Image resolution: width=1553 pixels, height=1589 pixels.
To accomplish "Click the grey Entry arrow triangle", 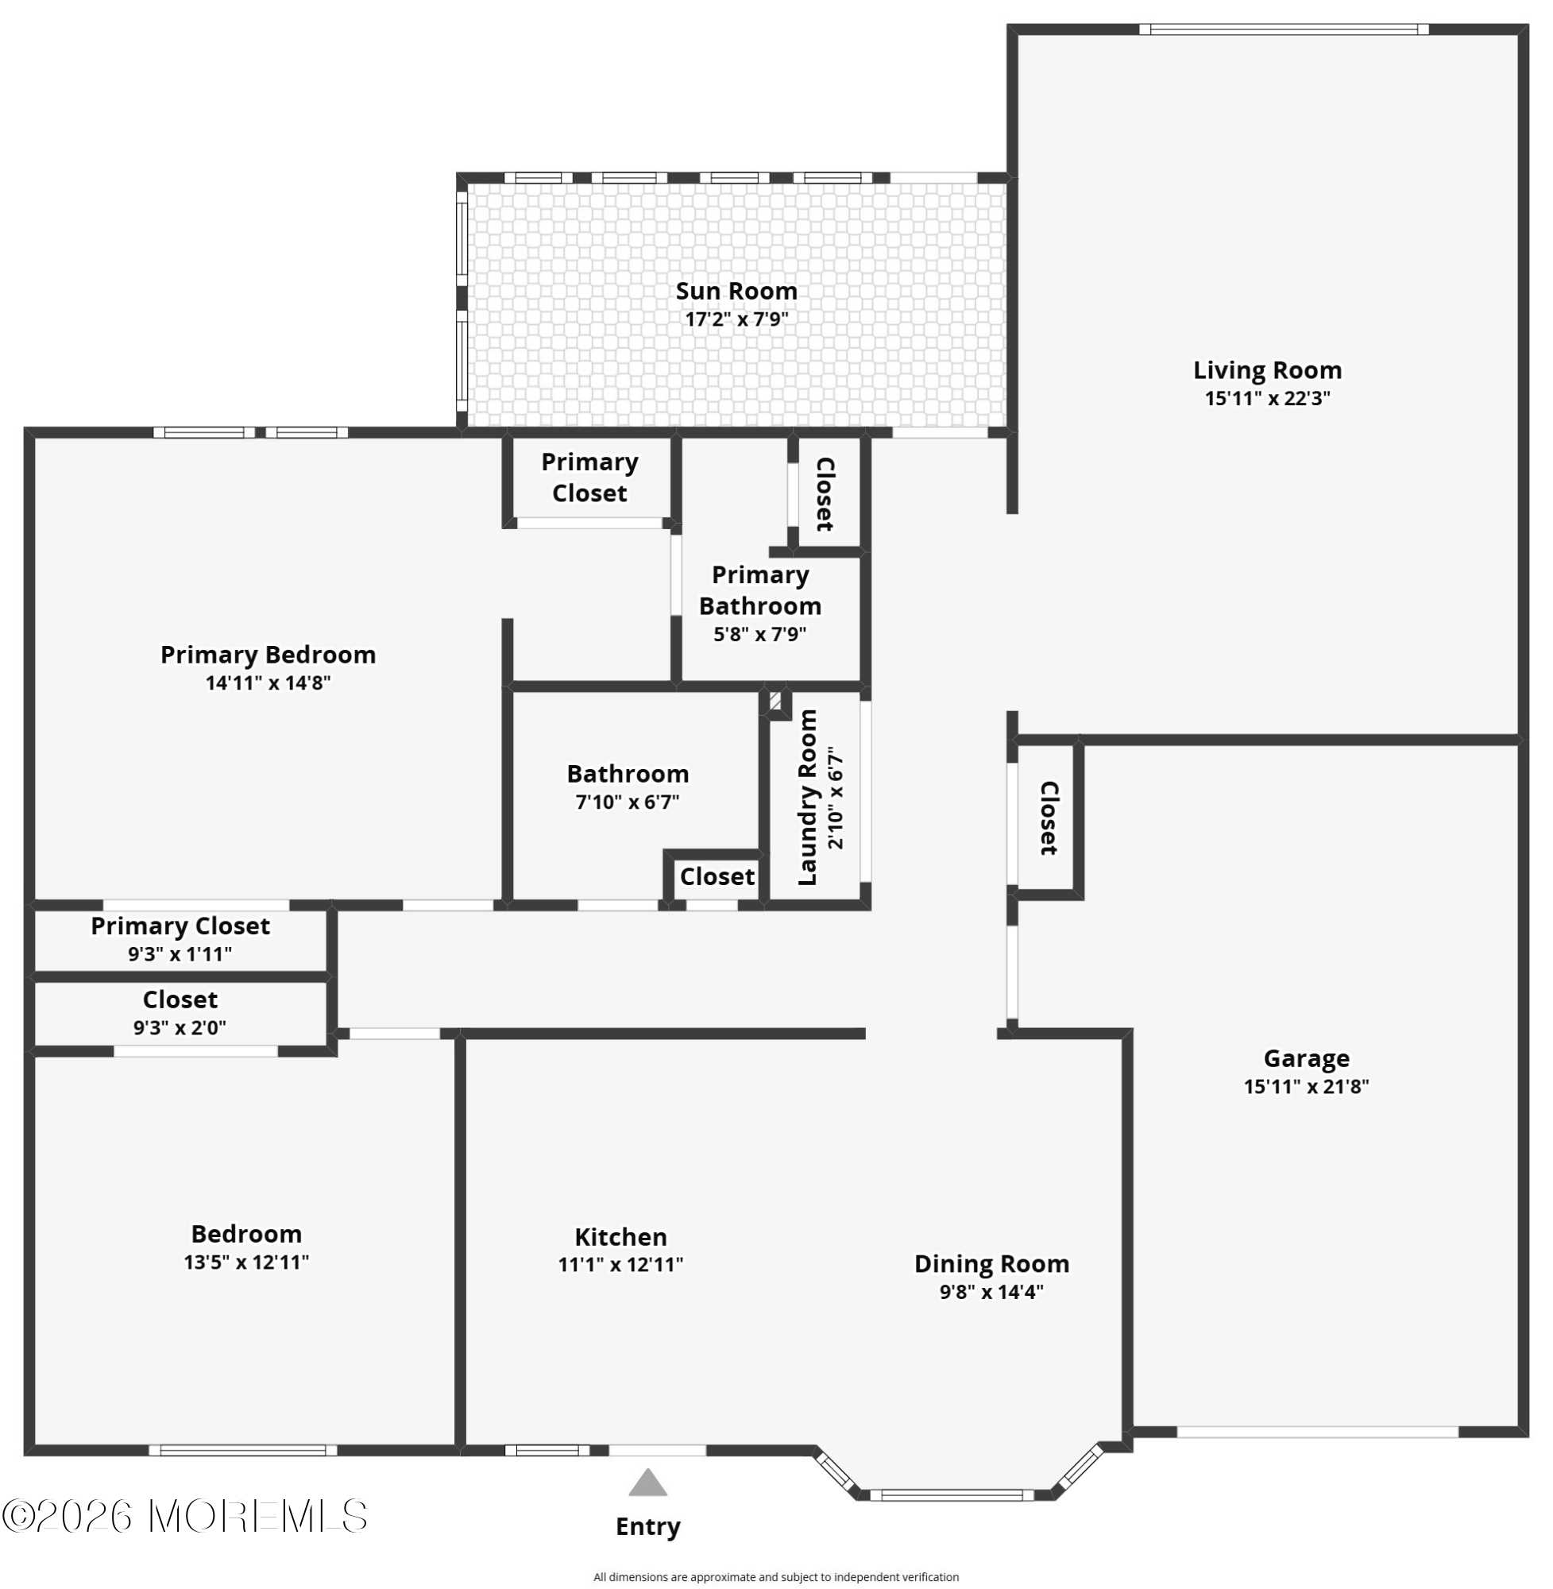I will (647, 1483).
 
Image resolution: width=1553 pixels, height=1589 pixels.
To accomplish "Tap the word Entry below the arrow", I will (647, 1526).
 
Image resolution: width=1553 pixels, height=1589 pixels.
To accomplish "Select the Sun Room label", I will (736, 292).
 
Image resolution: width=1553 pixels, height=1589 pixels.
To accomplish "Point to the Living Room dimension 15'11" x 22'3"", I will (1267, 398).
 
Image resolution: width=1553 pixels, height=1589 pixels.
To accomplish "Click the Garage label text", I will (1306, 1058).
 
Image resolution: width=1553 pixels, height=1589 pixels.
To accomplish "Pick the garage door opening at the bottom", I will (1316, 1432).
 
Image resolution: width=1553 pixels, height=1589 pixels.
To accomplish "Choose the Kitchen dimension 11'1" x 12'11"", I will (620, 1264).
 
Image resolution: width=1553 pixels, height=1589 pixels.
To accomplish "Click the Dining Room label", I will (991, 1263).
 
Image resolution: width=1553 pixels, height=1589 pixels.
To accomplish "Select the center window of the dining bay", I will (951, 1495).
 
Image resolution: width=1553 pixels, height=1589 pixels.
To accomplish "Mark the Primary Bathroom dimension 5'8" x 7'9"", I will (759, 634).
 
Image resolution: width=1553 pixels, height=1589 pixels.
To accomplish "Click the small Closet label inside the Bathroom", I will (717, 876).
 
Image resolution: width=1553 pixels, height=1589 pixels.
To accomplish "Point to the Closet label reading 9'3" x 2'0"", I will (180, 1028).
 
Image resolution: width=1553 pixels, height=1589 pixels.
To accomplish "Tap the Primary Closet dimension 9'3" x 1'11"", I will (180, 954).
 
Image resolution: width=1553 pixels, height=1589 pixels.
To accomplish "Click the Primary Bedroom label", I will (268, 654).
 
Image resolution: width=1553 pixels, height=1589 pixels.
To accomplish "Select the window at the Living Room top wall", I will (1283, 29).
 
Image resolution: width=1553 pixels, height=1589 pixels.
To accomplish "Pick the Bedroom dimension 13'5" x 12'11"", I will (245, 1262).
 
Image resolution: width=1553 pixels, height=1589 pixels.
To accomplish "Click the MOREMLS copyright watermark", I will (184, 1516).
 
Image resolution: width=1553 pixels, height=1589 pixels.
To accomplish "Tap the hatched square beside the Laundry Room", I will (775, 702).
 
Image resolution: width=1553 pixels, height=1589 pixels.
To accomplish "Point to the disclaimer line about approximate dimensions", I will (775, 1577).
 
